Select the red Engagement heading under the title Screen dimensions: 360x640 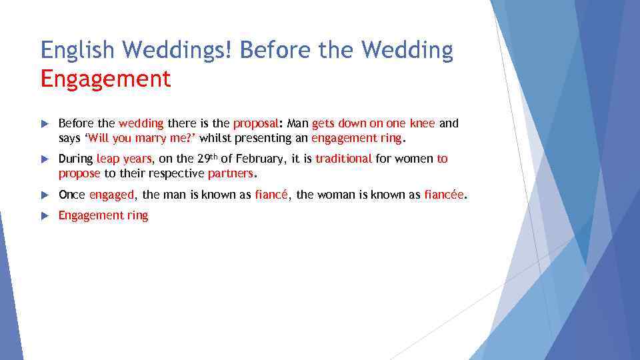point(105,79)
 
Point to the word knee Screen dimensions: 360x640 point(423,123)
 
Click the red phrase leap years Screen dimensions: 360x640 point(125,159)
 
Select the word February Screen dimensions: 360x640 point(259,159)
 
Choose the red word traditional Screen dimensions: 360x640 point(343,159)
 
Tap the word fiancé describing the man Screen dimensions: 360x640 point(271,195)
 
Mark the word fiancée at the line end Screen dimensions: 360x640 point(445,195)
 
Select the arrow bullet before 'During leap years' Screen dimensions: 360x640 point(45,159)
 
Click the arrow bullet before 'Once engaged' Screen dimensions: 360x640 point(45,195)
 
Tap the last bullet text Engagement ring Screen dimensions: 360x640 point(103,215)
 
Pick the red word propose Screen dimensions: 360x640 point(79,173)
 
